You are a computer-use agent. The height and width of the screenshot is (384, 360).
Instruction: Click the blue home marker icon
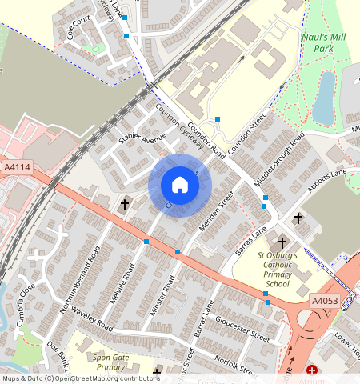click(x=180, y=186)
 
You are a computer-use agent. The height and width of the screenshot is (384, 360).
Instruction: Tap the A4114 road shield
click(x=17, y=167)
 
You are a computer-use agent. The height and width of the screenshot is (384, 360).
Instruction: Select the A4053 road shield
click(x=325, y=300)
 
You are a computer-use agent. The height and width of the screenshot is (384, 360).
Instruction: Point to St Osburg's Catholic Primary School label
click(x=277, y=270)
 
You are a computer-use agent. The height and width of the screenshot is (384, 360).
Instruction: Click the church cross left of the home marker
click(x=124, y=205)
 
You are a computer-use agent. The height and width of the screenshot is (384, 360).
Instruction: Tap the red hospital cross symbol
click(x=311, y=371)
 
